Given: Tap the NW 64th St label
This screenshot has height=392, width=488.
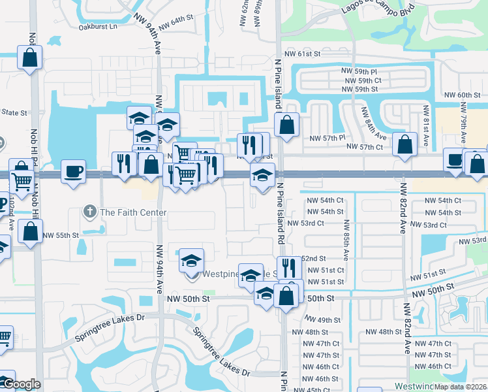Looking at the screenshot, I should tap(177, 23).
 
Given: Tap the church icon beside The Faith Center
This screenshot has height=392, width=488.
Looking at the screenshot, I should tap(89, 212).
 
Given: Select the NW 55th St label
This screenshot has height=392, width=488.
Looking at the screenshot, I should tap(61, 235).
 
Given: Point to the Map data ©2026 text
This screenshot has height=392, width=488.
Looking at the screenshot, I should tap(461, 387).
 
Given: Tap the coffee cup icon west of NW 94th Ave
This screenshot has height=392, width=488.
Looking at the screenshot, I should tap(73, 171).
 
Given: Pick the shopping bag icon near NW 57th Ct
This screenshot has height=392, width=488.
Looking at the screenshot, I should tap(405, 146).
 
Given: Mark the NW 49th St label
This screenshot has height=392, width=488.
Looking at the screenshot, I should tap(323, 320).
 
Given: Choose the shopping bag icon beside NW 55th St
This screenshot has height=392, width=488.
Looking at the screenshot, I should tap(30, 231).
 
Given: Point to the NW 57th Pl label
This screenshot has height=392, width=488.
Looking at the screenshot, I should tap(327, 139).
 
